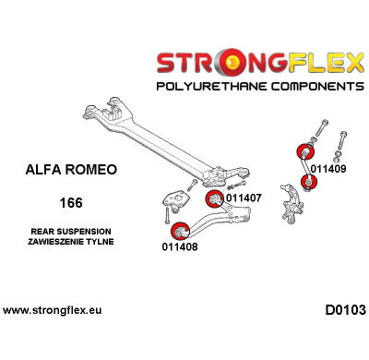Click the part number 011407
point(244,198)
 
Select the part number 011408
point(179,246)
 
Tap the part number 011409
point(328,169)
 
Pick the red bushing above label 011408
point(178,228)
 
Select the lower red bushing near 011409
point(310,177)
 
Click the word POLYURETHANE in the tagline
point(209,86)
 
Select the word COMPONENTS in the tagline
point(311,86)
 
